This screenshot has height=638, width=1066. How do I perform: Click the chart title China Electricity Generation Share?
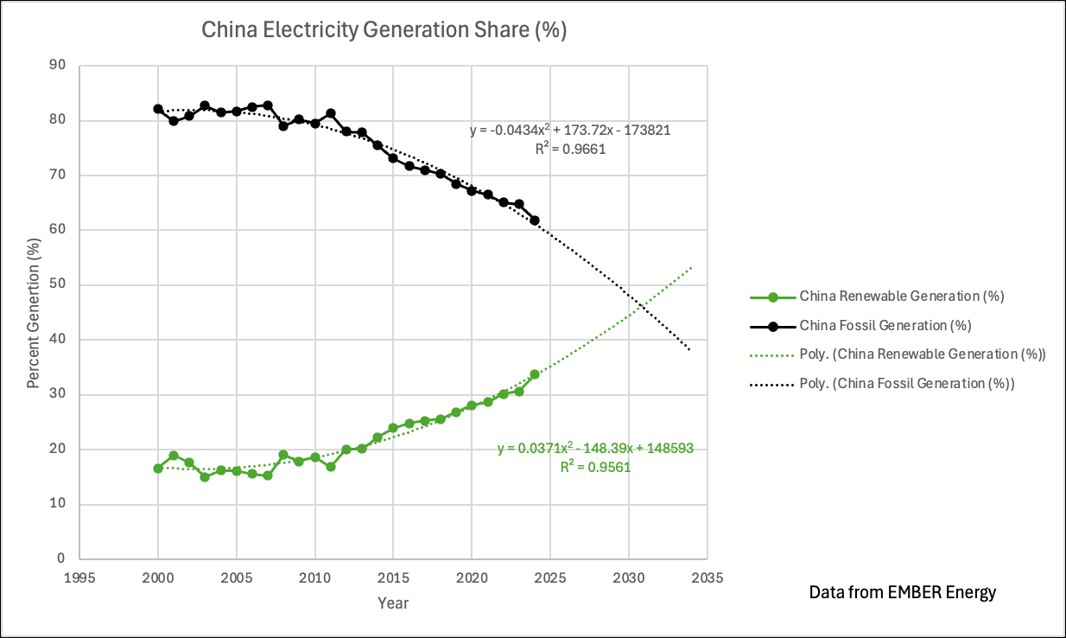tap(384, 30)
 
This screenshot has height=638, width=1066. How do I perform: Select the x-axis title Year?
tap(393, 603)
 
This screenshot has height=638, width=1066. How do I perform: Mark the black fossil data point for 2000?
tap(158, 109)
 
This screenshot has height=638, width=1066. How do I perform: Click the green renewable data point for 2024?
tap(535, 374)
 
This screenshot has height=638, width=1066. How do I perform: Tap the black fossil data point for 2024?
tap(535, 220)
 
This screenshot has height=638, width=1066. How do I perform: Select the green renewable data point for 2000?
tap(158, 469)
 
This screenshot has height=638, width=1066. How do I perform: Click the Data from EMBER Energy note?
tap(902, 593)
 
